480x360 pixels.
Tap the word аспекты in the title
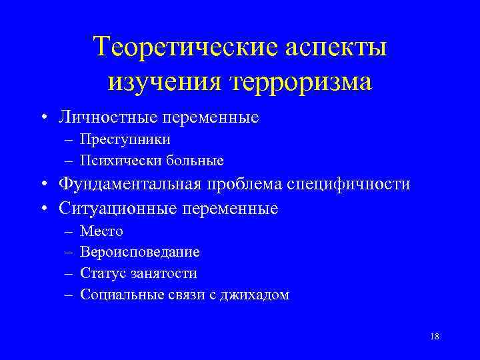[x=337, y=48]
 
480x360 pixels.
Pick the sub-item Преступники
[x=125, y=140]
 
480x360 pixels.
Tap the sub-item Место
[x=101, y=231]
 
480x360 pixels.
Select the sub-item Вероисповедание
[x=139, y=252]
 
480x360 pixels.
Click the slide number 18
[x=435, y=337]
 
